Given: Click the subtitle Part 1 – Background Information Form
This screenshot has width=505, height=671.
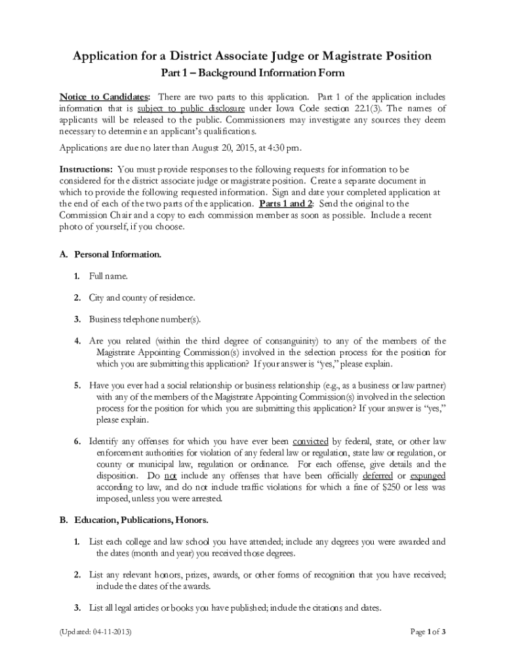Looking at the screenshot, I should pyautogui.click(x=253, y=73).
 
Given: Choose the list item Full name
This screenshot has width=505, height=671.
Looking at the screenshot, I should pyautogui.click(x=109, y=276).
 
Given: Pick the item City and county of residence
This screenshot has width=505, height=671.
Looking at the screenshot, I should pyautogui.click(x=142, y=297).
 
